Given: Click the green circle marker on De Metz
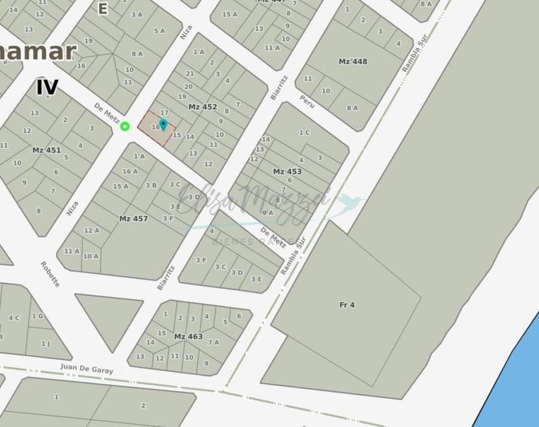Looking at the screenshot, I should click(125, 126).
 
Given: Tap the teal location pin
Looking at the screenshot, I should click(163, 124).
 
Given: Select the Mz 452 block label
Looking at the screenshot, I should click(202, 107).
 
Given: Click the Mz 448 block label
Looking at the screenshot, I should click(353, 62).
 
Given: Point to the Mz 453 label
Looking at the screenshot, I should click(287, 171).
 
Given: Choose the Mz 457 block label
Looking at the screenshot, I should click(133, 219).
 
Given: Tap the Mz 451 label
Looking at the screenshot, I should click(46, 151).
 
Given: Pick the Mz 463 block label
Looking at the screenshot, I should click(188, 336).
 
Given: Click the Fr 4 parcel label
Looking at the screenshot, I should click(347, 304).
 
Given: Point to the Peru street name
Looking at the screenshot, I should click(307, 101).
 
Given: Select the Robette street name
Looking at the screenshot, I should click(50, 274).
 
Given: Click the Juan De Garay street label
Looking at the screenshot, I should click(87, 368).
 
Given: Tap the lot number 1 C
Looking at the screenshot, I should click(305, 132).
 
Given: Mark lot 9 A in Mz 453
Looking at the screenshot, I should click(268, 213).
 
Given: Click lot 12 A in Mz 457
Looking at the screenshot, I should click(92, 230).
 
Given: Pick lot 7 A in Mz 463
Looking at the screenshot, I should click(213, 342).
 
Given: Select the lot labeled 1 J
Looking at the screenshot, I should click(46, 344).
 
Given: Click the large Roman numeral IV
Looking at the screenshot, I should click(47, 87).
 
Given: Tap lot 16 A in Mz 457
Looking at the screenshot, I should click(130, 171).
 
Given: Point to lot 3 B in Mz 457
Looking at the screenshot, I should click(151, 185).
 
